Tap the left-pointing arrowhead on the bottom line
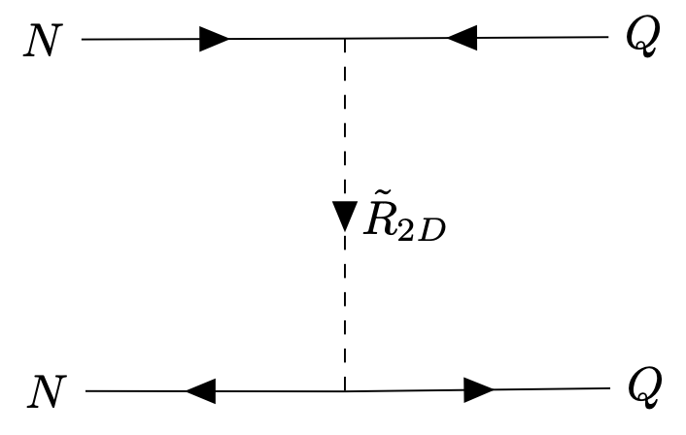click(x=199, y=391)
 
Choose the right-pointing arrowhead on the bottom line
click(x=477, y=390)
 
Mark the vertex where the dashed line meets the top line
click(x=345, y=40)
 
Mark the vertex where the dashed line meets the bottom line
click(x=345, y=391)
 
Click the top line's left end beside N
click(x=85, y=40)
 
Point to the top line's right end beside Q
click(x=606, y=39)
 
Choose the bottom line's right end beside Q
click(x=608, y=390)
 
